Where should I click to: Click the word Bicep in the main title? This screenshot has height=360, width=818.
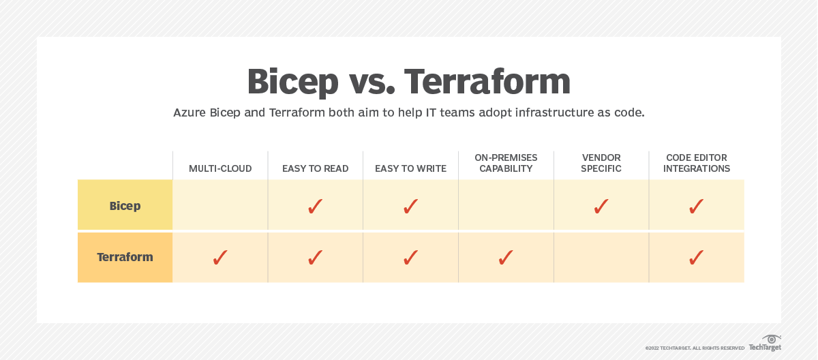click(x=292, y=81)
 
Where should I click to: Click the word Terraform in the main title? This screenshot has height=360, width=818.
click(x=487, y=81)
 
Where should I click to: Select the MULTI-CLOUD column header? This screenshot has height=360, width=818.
click(x=220, y=168)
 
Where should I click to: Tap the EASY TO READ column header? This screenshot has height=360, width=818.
click(x=315, y=168)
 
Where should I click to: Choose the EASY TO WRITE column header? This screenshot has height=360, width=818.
click(x=410, y=168)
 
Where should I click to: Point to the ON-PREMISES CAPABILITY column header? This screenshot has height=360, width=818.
click(x=506, y=163)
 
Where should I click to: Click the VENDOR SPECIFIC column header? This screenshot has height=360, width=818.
click(x=601, y=163)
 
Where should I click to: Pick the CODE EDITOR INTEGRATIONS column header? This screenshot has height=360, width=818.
click(x=696, y=163)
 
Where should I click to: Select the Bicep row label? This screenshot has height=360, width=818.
click(x=125, y=205)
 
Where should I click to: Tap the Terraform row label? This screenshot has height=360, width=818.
click(x=125, y=257)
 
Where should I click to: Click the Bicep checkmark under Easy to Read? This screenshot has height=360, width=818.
click(x=315, y=206)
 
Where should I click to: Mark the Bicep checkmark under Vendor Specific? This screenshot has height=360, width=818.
click(x=601, y=206)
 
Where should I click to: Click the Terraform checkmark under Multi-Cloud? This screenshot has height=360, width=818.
click(x=220, y=257)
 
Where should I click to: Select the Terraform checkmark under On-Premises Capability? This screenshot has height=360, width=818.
click(x=506, y=257)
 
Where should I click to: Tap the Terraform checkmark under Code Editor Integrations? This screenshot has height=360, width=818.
click(x=696, y=257)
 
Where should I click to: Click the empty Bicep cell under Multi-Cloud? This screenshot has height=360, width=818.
click(x=220, y=205)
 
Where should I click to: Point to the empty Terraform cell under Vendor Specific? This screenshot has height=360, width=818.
click(x=601, y=257)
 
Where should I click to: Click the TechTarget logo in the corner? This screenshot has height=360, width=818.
click(x=765, y=344)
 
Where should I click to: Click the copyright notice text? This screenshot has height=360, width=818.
click(x=695, y=348)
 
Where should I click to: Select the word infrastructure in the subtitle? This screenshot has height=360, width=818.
click(x=534, y=112)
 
